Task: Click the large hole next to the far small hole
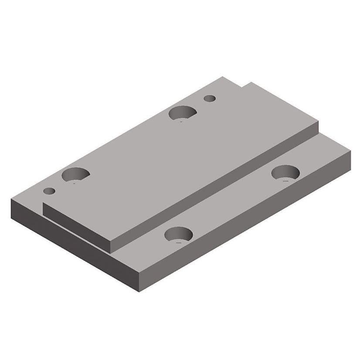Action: tap(182, 112)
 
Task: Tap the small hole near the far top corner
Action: tap(210, 98)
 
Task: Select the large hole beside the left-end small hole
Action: tap(75, 175)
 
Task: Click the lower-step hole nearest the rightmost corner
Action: tap(285, 173)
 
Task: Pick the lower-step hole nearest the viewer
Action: tap(179, 235)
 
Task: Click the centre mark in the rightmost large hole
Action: tap(285, 178)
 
